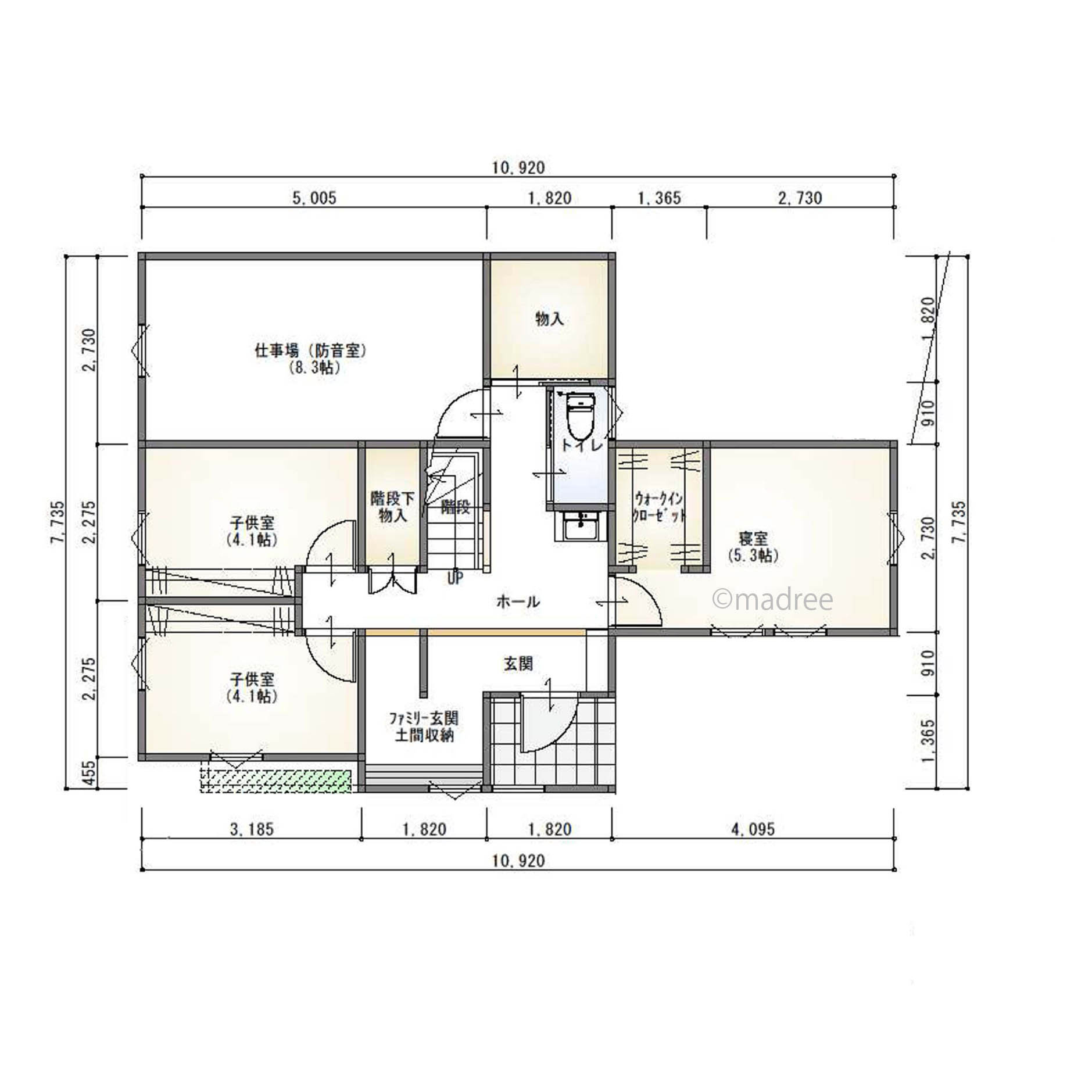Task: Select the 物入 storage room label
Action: pyautogui.click(x=549, y=319)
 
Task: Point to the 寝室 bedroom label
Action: pyautogui.click(x=753, y=546)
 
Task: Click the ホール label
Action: pyautogui.click(x=518, y=601)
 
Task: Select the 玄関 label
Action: pyautogui.click(x=518, y=663)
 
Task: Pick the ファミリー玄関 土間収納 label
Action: pyautogui.click(x=424, y=726)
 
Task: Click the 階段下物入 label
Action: pyautogui.click(x=393, y=507)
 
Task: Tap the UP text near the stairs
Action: pyautogui.click(x=455, y=578)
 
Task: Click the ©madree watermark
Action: pyautogui.click(x=773, y=600)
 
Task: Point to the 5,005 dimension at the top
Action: pyautogui.click(x=314, y=198)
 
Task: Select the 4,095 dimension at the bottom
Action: pyautogui.click(x=753, y=829)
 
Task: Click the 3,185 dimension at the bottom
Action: pyautogui.click(x=251, y=829)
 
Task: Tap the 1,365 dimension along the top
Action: pyautogui.click(x=659, y=198)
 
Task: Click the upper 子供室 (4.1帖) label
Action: pyautogui.click(x=252, y=531)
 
